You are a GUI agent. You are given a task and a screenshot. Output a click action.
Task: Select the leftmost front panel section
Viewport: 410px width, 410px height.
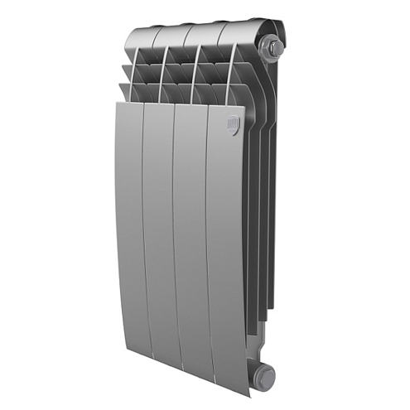click(x=128, y=232)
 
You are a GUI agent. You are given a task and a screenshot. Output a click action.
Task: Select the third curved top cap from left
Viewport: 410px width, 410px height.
click(x=207, y=31)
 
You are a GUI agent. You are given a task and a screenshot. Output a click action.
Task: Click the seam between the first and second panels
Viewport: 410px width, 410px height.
click(x=143, y=240)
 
